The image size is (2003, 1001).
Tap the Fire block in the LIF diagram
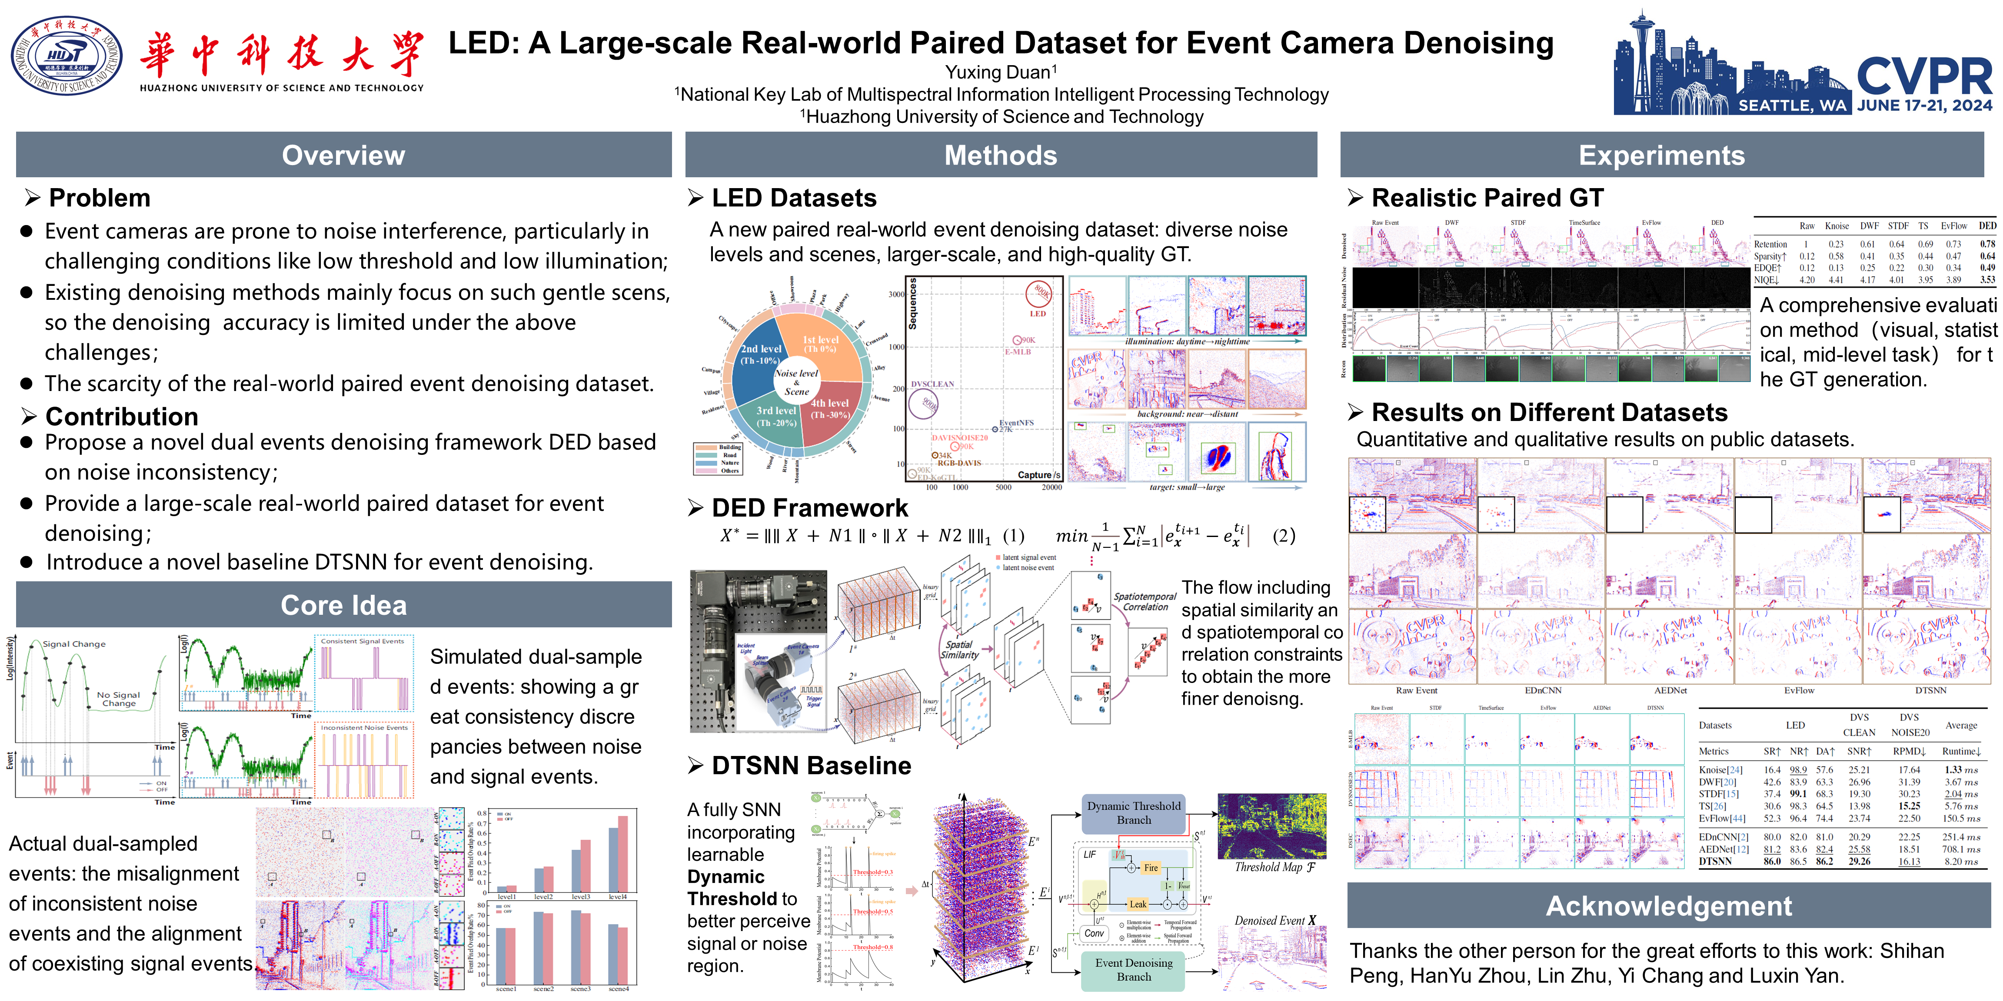click(1151, 867)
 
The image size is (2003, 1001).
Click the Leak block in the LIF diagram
click(1138, 904)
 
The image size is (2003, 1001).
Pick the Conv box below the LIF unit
click(1094, 933)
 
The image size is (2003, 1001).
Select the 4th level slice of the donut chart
click(830, 408)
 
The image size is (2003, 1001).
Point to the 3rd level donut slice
click(776, 416)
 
